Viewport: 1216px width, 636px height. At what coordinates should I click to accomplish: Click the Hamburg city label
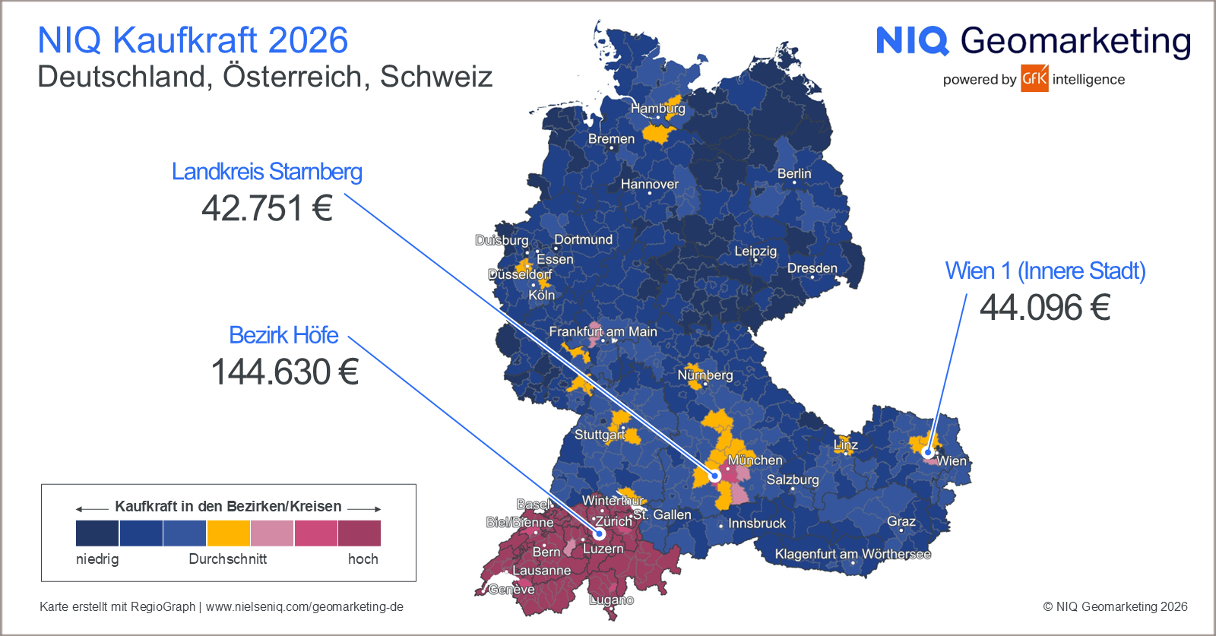point(657,109)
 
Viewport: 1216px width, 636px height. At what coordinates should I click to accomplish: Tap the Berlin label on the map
point(794,173)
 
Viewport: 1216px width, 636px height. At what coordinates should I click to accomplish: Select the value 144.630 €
point(284,372)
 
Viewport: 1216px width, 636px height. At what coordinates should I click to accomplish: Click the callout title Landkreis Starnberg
point(267,172)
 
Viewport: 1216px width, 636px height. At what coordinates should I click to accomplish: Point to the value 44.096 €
point(1045,308)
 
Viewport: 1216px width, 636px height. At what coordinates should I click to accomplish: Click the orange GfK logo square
point(1034,78)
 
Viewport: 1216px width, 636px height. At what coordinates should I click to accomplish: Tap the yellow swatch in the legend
point(228,533)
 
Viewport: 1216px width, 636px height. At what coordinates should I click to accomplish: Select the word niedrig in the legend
point(97,559)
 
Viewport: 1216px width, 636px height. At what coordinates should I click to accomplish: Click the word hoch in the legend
point(363,559)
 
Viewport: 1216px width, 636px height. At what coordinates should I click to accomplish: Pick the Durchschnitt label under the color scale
point(228,559)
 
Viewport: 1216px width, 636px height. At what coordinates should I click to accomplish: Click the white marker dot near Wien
point(928,453)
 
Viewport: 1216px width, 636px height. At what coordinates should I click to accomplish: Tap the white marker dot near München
point(714,476)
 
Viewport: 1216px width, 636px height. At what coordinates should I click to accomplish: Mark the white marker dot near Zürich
point(599,533)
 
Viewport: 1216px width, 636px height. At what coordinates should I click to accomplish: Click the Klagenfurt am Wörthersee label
point(853,554)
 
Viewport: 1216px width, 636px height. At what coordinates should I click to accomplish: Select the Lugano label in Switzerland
point(611,600)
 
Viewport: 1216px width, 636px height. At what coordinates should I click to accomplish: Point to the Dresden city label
point(812,268)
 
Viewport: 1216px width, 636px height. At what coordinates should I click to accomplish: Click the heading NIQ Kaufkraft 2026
point(192,40)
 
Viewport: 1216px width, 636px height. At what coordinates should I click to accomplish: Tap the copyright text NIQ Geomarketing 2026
point(1115,606)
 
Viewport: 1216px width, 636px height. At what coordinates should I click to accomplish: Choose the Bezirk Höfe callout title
point(283,335)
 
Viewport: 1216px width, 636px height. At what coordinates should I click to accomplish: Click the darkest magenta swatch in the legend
point(359,533)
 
